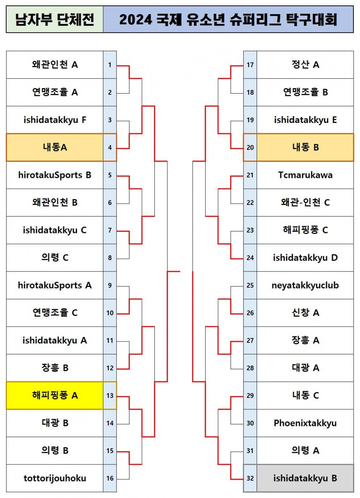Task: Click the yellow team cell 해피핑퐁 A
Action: tap(55, 396)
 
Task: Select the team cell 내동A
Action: tap(55, 147)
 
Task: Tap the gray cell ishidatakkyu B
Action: tap(305, 478)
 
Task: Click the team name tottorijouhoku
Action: tap(55, 478)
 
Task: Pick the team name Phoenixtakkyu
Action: tap(305, 423)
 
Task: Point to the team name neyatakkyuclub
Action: tap(305, 285)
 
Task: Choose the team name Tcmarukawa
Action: tap(305, 175)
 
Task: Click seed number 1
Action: tap(110, 65)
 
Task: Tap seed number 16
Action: tap(110, 478)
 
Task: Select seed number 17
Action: tap(250, 65)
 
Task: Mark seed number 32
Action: tap(250, 478)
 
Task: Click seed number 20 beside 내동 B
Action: tap(250, 147)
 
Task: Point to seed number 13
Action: tap(110, 396)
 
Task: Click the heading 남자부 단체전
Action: tap(55, 19)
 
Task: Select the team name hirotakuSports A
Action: tap(55, 285)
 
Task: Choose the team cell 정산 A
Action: tap(305, 65)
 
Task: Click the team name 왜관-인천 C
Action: tap(305, 202)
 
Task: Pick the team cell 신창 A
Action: tap(305, 313)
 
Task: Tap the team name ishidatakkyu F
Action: tap(55, 120)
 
